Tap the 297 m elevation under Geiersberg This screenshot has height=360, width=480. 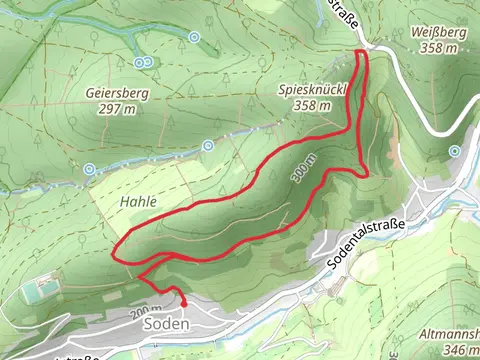[x=116, y=110]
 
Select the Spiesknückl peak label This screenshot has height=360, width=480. [x=313, y=90]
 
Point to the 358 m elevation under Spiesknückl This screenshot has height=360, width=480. [x=313, y=106]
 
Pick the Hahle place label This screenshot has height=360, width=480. [x=138, y=201]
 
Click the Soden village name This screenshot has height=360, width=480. [x=167, y=324]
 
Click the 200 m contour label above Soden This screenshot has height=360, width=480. [x=146, y=312]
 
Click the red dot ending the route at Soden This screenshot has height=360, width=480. [x=184, y=302]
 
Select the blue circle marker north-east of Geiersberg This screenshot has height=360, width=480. [x=194, y=37]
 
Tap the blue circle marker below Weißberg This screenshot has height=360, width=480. [x=455, y=151]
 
